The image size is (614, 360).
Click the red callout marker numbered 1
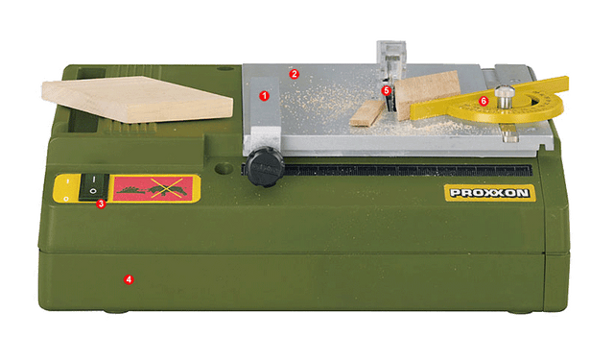265,96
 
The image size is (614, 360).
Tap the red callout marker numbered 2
295,74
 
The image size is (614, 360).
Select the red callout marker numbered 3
101,204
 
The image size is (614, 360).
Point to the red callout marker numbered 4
129,279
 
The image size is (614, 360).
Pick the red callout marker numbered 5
387,90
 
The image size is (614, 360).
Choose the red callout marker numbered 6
484,101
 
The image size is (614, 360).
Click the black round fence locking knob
265,166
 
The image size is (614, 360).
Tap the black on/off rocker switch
94,187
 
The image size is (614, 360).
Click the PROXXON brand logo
490,193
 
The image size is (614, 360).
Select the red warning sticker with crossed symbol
153,188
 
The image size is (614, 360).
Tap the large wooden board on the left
137,98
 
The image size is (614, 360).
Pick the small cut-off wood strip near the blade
366,113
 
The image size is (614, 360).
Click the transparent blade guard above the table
390,59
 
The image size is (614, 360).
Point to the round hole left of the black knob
224,169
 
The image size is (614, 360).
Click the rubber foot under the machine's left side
116,312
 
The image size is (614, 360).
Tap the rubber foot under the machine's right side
520,312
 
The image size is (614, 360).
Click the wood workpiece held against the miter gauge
427,94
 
